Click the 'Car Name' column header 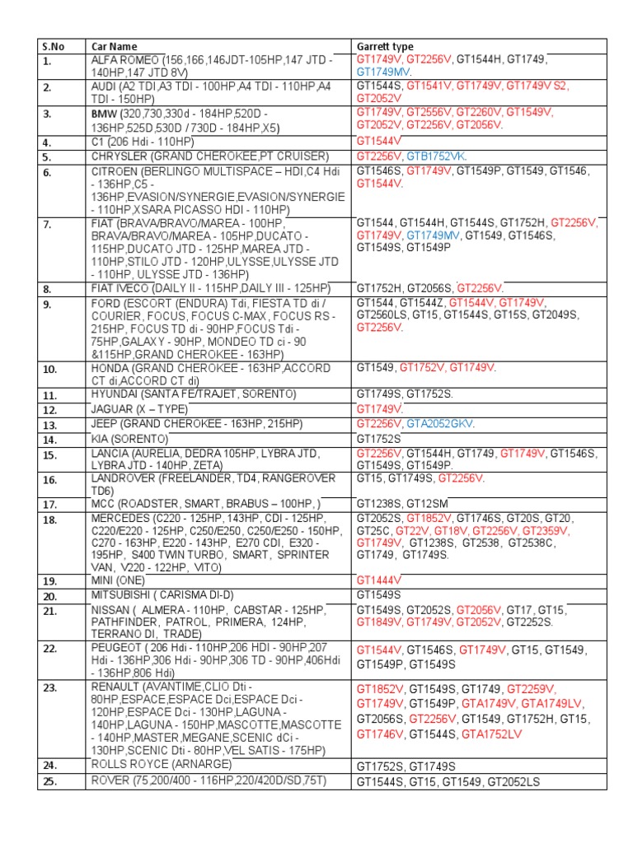click(x=115, y=47)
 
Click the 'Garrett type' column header click(x=385, y=47)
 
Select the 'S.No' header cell click(x=53, y=47)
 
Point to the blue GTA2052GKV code click(x=440, y=424)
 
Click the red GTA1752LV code click(x=492, y=734)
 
